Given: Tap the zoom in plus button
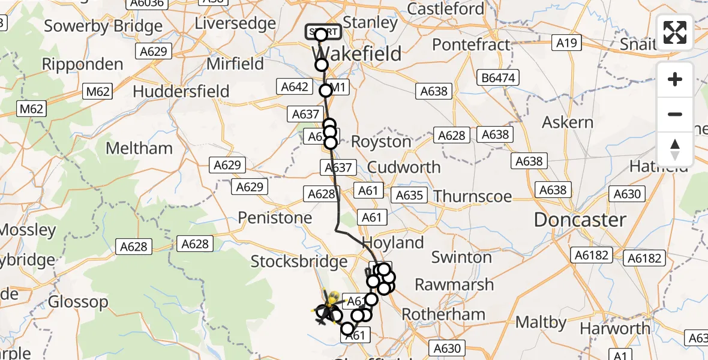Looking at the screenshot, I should [x=675, y=79].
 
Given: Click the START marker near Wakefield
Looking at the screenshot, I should [x=323, y=32].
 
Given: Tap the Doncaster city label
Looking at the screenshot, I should [x=580, y=220].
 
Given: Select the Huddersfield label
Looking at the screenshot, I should [x=181, y=91].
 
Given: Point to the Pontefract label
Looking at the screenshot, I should [x=471, y=44].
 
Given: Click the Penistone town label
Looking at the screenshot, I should [x=275, y=218].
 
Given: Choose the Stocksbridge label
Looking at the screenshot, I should [x=299, y=261].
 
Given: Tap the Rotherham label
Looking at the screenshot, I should [x=443, y=314].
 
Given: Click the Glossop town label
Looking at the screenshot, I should [x=78, y=302].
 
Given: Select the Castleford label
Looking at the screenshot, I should [x=445, y=9].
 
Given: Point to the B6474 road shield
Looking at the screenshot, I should [x=497, y=77].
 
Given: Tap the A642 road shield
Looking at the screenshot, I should [x=295, y=87].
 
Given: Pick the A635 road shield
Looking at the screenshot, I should [x=409, y=195].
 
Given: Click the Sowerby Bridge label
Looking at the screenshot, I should [x=103, y=26].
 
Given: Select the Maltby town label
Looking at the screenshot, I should [x=541, y=322].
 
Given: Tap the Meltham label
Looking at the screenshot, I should [x=139, y=148].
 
